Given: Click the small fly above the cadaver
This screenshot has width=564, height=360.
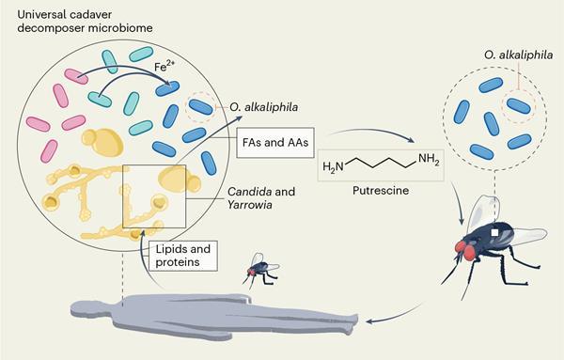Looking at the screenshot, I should pyautogui.click(x=261, y=269).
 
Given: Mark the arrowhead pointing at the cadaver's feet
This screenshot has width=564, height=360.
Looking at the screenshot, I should pyautogui.click(x=371, y=321).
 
